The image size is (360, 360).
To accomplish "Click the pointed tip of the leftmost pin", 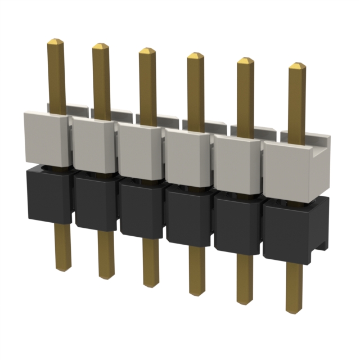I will pos(56,42).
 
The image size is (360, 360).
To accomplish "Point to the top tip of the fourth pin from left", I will pos(195,56).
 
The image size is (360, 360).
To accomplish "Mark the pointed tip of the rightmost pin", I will pos(296,66).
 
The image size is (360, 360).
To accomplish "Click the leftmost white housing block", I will pos(46,138).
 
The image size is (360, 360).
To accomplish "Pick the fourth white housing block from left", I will pos(187,157).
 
